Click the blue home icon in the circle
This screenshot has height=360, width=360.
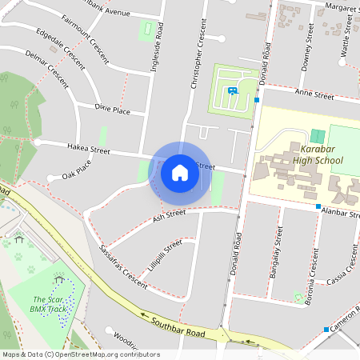coord(180,172)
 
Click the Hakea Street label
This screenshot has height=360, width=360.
coord(88,149)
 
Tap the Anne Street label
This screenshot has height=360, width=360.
coord(314,95)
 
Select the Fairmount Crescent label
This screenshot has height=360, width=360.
coord(83,32)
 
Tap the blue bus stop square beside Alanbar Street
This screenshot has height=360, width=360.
coord(318,207)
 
